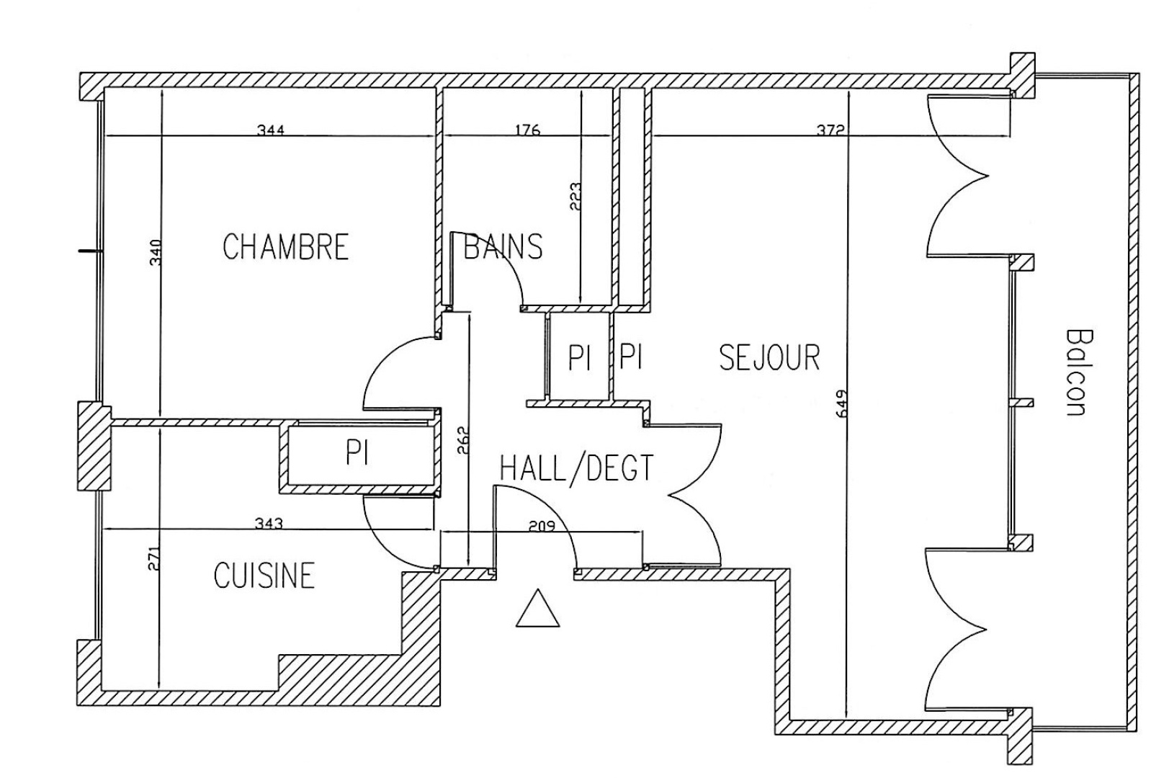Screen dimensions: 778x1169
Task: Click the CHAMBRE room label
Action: point(285,246)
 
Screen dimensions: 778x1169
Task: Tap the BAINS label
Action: point(503,246)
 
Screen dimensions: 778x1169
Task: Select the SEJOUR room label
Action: point(769,357)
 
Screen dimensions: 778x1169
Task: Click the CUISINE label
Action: point(264,576)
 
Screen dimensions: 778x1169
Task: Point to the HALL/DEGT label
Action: point(576,468)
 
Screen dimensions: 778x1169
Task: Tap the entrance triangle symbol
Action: point(537,609)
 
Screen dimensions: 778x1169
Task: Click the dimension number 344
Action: point(271,130)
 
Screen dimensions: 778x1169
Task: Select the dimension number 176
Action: point(527,130)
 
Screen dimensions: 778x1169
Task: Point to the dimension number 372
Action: point(830,130)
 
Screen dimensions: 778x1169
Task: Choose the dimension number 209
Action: point(542,526)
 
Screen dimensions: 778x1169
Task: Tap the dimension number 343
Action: point(269,524)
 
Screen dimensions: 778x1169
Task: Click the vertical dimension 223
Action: point(575,196)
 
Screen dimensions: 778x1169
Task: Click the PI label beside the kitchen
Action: point(357,453)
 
